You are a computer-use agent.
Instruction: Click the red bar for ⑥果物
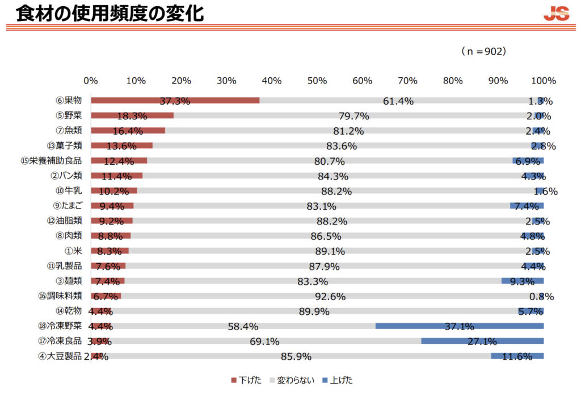point(175,101)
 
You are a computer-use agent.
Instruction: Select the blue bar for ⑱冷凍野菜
point(460,326)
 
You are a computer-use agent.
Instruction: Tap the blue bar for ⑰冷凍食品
point(482,341)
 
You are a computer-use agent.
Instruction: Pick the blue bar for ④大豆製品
point(517,356)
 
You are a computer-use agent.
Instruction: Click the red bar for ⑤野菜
point(132,115)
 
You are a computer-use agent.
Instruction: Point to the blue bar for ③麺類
point(523,281)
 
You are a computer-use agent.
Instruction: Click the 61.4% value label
point(398,102)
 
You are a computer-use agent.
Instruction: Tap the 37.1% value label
point(459,327)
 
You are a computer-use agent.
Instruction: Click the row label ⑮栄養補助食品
point(51,161)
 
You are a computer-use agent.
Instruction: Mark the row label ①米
point(74,251)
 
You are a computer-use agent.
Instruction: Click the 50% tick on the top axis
point(317,81)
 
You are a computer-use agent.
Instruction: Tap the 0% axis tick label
point(91,81)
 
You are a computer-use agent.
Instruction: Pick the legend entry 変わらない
point(291,380)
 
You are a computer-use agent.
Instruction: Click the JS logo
point(556,14)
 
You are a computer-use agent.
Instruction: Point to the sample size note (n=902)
point(483,51)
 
